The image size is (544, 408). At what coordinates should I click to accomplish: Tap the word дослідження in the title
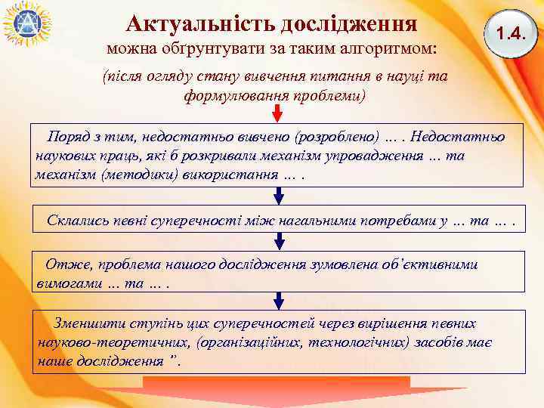coord(348,23)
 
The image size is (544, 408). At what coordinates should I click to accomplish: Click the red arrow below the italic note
coord(278,113)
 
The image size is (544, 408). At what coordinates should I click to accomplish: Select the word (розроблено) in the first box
coord(336,139)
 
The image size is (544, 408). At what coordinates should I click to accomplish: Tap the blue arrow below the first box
coord(278,196)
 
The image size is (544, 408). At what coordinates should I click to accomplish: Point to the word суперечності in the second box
coord(195,221)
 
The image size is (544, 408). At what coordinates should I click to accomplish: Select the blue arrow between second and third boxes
coord(278,242)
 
